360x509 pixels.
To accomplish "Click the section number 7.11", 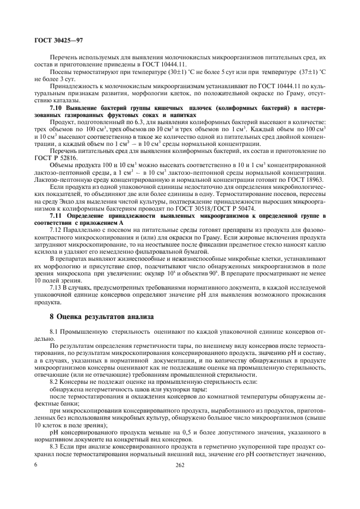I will tap(56, 217).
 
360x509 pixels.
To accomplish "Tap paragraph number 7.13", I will tap(56, 287).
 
